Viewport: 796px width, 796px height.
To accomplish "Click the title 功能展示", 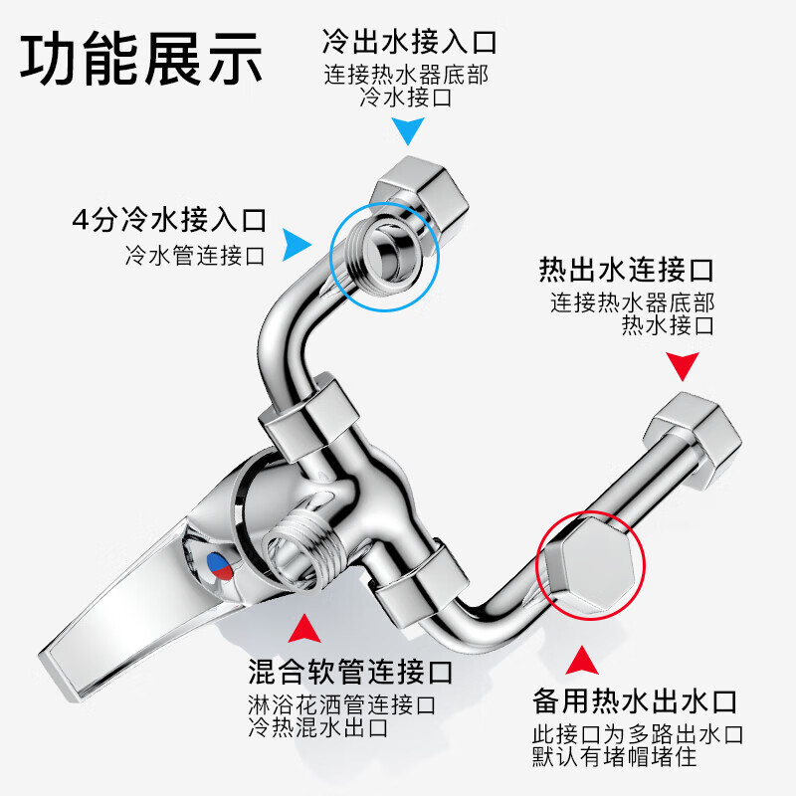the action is click(x=141, y=59).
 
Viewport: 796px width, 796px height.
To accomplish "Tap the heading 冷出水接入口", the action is click(x=409, y=41).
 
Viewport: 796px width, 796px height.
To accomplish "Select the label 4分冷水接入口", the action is click(x=169, y=220).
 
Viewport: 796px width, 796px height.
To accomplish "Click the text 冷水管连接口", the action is click(x=195, y=256).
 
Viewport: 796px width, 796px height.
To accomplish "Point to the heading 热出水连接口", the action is click(x=627, y=270).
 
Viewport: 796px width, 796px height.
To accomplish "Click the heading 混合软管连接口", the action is click(x=350, y=672).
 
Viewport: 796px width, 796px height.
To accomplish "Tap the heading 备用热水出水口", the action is click(x=635, y=701).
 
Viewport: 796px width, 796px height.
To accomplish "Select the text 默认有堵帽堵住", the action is click(x=614, y=757).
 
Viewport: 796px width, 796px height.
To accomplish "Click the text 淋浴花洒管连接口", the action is click(x=341, y=705).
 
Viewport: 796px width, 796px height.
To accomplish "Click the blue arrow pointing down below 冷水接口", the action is click(x=408, y=129).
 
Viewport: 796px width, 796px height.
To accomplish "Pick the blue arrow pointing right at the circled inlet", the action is click(x=296, y=245).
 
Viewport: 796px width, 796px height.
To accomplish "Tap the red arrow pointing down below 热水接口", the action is click(x=683, y=365).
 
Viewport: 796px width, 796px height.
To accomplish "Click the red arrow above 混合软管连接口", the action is click(x=304, y=630).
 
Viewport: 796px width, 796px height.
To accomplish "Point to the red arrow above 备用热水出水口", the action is click(x=582, y=661).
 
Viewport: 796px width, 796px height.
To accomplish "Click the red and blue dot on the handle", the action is click(x=220, y=567).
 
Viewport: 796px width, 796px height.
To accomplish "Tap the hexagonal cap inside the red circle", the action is click(x=589, y=564).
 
